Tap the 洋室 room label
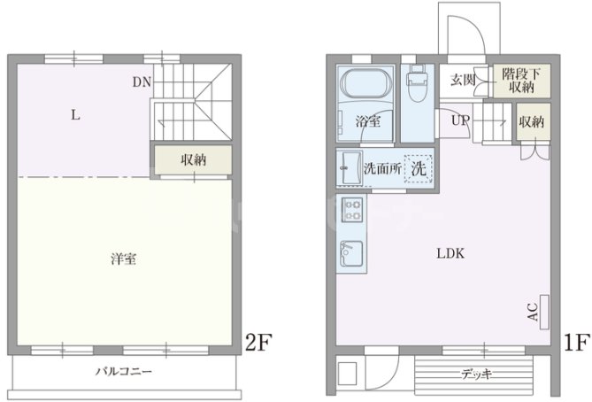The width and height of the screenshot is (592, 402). click(x=123, y=259)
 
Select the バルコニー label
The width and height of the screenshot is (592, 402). click(x=124, y=372)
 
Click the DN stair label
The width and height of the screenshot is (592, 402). click(x=142, y=82)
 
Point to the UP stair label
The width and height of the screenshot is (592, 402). click(x=460, y=120)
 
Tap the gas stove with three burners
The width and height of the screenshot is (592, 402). click(x=351, y=212)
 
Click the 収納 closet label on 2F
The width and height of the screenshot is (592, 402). click(x=195, y=160)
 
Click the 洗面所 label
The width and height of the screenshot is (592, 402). click(x=381, y=167)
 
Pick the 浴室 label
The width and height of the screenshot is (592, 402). click(x=367, y=121)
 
